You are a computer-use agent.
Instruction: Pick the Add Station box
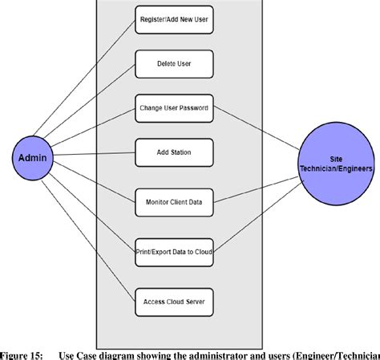click(174, 152)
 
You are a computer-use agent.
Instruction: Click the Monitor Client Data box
click(174, 202)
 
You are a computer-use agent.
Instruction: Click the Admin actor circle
click(33, 157)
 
